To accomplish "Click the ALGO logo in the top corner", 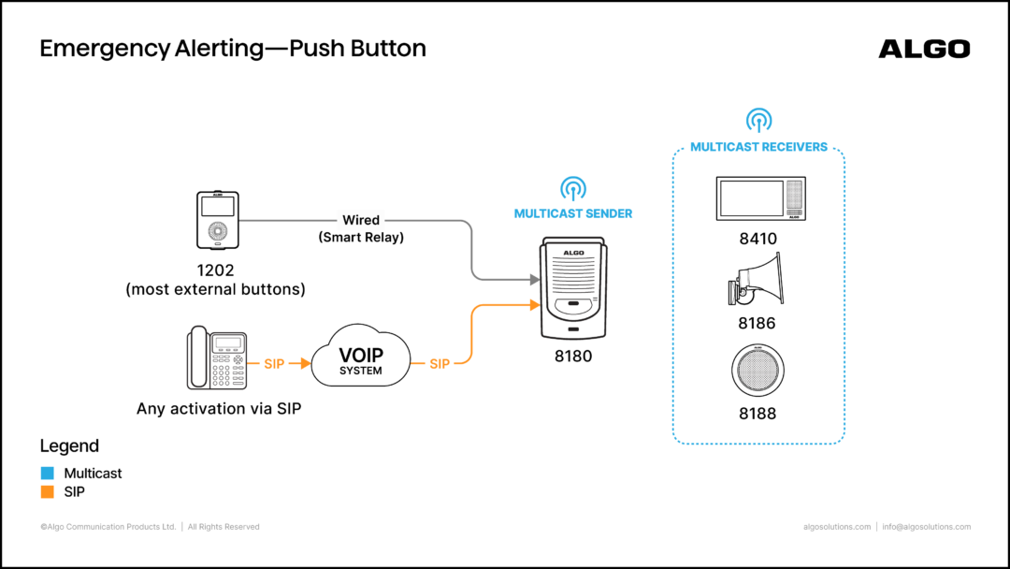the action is pos(924,49).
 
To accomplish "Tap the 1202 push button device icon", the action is pos(218,220).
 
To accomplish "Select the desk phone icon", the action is pos(216,357).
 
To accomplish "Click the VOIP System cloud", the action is pos(361,357).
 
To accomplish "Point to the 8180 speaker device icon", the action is pos(573,288).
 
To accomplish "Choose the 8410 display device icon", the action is pos(760,198).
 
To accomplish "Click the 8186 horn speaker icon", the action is pos(757,279).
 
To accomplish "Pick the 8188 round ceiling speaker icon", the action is pos(757,371).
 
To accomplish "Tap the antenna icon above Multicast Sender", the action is pos(572,188).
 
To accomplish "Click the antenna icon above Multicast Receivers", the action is pos(758,120).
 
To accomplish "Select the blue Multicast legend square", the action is pos(47,473).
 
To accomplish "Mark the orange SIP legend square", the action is pos(47,491).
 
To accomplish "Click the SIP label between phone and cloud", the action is pos(274,364).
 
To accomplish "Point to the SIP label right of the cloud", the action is pos(440,364).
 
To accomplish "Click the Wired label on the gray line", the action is pos(361,220).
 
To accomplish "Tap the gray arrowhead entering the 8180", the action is pos(535,280).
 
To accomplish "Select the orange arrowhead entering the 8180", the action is pos(535,305).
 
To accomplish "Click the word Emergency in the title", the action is pos(105,49).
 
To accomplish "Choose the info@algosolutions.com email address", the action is pos(926,527).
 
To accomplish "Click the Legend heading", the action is pos(69,445).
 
